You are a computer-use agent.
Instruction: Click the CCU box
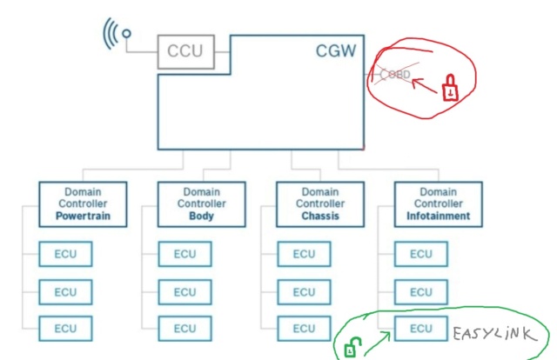click(185, 50)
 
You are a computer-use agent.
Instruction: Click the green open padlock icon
click(352, 348)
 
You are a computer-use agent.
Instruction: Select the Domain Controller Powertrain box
click(84, 203)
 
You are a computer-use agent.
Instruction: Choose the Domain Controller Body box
click(201, 203)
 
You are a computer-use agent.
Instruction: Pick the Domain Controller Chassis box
click(319, 203)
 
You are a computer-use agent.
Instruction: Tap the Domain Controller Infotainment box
click(438, 203)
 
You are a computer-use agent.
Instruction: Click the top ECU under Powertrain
click(66, 254)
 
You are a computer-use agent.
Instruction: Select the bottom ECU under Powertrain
click(66, 329)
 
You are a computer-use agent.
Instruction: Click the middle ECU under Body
click(185, 291)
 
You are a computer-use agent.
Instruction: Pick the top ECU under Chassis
click(304, 254)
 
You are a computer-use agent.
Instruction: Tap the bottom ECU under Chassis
click(304, 329)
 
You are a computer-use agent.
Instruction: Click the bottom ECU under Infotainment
click(421, 329)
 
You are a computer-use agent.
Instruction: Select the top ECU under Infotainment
click(421, 254)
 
